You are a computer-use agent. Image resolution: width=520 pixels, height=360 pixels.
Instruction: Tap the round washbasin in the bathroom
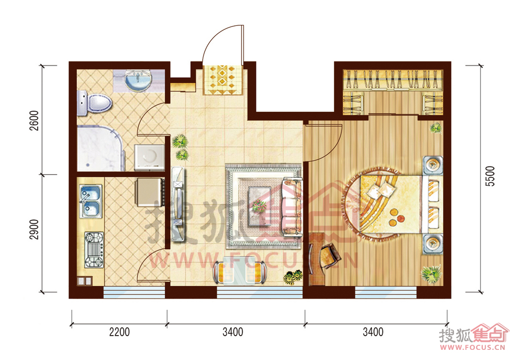pos(138,80)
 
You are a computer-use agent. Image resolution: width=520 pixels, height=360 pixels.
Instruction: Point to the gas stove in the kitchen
pos(94,250)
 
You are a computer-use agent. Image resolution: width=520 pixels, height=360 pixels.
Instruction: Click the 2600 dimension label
pos(35,120)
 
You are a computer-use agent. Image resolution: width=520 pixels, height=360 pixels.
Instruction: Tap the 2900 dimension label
pos(35,229)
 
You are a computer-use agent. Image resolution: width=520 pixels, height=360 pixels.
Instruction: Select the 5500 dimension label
pos(490,176)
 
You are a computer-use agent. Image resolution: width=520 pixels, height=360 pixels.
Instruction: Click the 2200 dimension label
pos(119,332)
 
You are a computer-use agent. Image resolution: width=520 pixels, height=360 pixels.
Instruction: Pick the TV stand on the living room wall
pos(178,204)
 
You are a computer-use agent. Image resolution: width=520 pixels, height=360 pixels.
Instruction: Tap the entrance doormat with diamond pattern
pos(223,80)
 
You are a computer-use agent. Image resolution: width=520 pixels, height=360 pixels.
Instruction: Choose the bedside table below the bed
pos(433,244)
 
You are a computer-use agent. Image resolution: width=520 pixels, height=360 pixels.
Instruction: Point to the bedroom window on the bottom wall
pos(386,292)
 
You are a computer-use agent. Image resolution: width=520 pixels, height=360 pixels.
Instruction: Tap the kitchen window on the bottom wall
pos(134,292)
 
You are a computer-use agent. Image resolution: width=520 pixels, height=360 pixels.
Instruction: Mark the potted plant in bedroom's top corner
pos(436,127)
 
